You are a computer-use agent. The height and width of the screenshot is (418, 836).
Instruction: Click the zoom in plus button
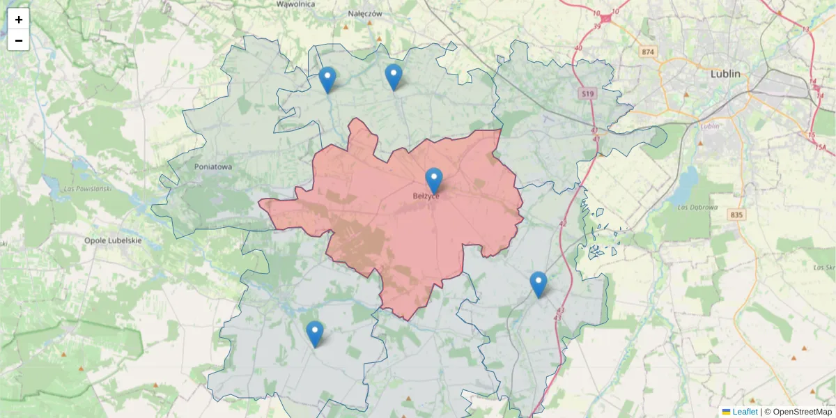point(19,19)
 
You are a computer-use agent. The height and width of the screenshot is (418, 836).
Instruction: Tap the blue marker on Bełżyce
point(434,180)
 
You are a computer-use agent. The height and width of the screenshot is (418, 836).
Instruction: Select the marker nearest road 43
point(538,284)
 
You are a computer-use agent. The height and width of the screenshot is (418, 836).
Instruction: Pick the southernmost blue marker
point(315,334)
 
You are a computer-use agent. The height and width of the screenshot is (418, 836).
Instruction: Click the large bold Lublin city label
point(725,73)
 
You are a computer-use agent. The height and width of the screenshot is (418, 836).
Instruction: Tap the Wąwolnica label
point(295,4)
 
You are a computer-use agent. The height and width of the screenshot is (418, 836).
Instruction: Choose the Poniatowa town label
point(214,167)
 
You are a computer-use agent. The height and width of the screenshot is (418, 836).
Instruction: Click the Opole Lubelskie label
point(113,240)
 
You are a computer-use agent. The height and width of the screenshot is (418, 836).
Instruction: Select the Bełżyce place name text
point(425,196)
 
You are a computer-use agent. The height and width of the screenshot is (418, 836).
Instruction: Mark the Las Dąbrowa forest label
point(697,206)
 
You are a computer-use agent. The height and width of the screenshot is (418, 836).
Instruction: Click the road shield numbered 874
point(649,52)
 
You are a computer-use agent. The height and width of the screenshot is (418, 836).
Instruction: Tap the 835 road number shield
point(737,215)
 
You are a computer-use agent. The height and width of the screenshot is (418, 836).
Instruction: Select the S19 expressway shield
point(588,93)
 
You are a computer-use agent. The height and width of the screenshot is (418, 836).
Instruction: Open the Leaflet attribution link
point(745,412)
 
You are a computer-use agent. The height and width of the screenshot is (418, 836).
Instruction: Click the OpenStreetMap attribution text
point(803,412)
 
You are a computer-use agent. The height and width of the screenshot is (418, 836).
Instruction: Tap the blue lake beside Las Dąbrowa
point(688,182)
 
